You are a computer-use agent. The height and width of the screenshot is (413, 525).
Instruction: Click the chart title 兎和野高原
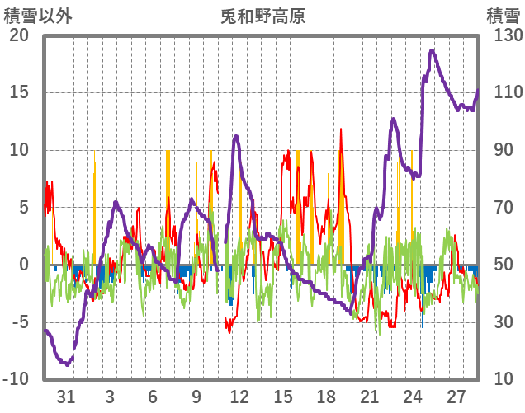click(x=262, y=16)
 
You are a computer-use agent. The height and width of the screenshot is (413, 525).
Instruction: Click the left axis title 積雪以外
click(x=37, y=16)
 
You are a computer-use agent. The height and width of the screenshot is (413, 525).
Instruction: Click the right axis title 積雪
click(x=501, y=16)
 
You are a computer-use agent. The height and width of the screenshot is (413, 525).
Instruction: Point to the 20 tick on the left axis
click(x=19, y=35)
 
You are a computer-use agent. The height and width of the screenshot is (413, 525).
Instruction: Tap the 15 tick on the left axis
click(x=19, y=92)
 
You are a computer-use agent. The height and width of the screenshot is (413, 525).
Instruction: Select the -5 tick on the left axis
click(x=19, y=321)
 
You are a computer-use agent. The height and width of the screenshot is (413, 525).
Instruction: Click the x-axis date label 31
click(x=66, y=397)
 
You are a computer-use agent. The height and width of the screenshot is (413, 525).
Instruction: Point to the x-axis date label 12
click(x=239, y=397)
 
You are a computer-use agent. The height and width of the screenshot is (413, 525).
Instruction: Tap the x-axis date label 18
click(x=327, y=397)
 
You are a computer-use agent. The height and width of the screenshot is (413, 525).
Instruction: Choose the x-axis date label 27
click(x=457, y=397)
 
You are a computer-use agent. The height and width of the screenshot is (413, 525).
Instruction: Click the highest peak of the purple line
click(x=432, y=51)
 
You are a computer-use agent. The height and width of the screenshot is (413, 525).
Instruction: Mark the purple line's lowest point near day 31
click(x=65, y=363)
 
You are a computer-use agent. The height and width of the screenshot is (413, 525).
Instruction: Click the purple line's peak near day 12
click(x=236, y=135)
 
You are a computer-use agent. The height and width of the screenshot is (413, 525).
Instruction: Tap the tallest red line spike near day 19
click(x=341, y=129)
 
